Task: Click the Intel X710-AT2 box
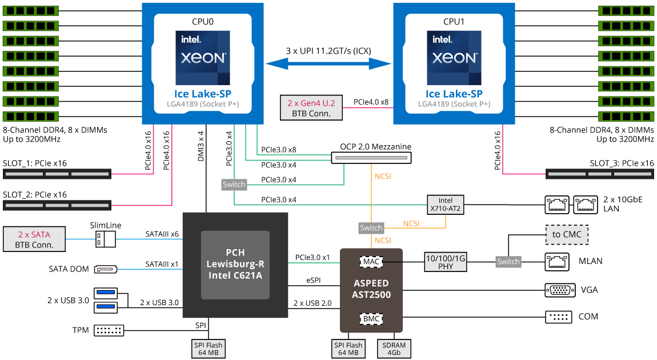click(445, 205)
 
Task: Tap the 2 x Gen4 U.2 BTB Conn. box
click(311, 107)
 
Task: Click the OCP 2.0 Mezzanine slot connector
click(371, 157)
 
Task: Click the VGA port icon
click(560, 290)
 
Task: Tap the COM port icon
click(558, 317)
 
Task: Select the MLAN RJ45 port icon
click(558, 262)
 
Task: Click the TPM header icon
click(109, 330)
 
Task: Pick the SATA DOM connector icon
click(105, 269)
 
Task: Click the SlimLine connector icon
click(106, 239)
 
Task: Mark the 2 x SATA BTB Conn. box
click(34, 239)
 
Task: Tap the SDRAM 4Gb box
click(394, 349)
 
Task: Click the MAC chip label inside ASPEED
click(371, 262)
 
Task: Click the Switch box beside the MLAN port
click(508, 262)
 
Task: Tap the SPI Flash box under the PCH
click(208, 349)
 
